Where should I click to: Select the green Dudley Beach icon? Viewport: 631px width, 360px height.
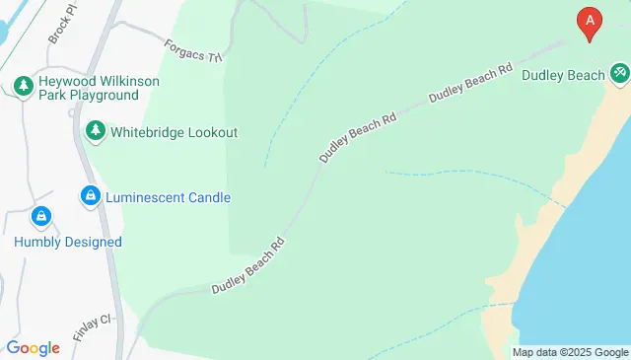[x=619, y=73]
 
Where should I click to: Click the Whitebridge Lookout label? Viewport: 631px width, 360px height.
[x=175, y=131]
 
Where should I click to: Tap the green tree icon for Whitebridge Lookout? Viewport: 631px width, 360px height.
[x=95, y=130]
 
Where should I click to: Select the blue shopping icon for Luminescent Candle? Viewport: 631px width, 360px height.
[x=90, y=197]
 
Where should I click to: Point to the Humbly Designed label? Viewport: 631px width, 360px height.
[x=68, y=242]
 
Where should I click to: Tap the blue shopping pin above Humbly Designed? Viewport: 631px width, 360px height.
[x=41, y=215]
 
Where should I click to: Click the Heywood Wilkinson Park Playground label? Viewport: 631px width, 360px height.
[x=89, y=88]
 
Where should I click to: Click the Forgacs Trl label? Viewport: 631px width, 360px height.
[x=194, y=49]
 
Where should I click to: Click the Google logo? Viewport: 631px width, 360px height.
[x=33, y=347]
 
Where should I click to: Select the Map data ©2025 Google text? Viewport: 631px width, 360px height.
[x=569, y=352]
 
